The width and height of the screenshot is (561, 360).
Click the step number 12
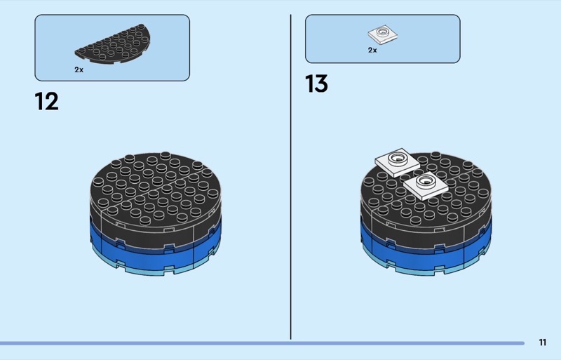47,102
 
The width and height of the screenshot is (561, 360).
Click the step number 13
316,84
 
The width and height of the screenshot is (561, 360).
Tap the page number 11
543,342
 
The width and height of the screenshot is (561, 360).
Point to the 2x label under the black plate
79,69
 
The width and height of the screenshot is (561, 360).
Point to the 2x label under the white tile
372,51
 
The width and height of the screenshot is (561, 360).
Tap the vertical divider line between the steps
291,175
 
